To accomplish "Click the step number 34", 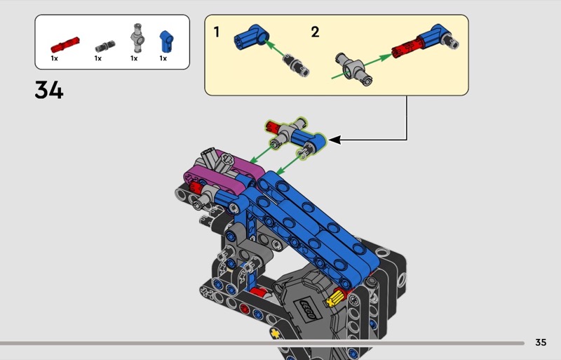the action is point(49,90).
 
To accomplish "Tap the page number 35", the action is point(541,342).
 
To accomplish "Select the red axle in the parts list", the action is point(65,45).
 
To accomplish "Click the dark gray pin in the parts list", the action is point(105,46).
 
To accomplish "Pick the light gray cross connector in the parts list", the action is point(137,38).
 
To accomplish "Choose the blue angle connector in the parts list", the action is point(166,41).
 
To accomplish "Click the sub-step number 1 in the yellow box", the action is point(217,32).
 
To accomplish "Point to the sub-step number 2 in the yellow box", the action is point(315,32).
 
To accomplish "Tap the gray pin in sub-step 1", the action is point(296,65).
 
